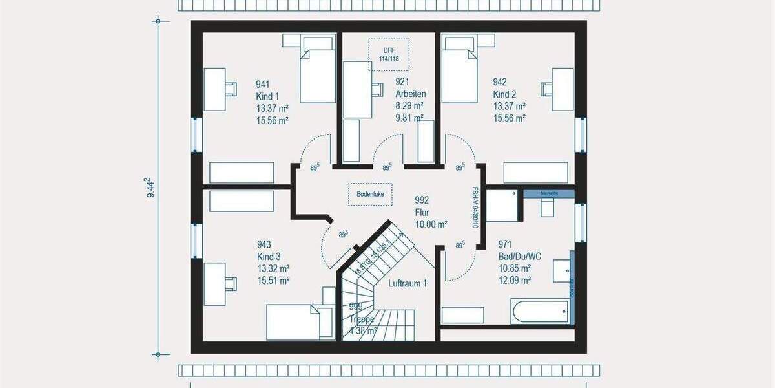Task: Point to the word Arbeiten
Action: (x=410, y=94)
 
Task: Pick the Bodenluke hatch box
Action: (x=370, y=193)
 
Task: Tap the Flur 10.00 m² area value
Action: (x=431, y=224)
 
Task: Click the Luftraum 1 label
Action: (x=408, y=283)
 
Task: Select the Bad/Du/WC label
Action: (x=519, y=256)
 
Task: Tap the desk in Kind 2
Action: (x=563, y=89)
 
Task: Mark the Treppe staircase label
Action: (x=361, y=318)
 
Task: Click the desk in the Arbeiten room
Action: (x=357, y=89)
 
